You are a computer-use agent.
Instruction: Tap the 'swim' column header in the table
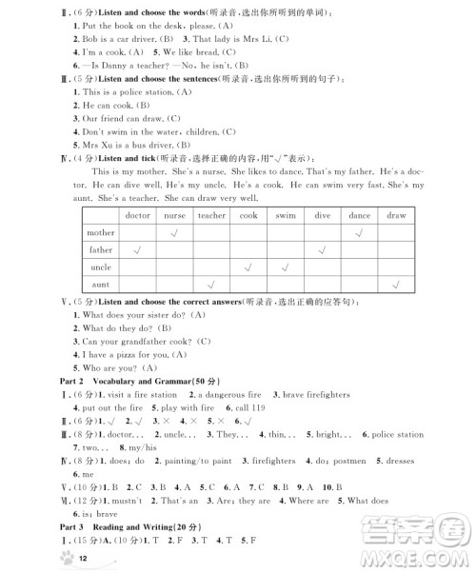tap(285, 215)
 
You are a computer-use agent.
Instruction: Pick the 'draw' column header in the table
tap(396, 215)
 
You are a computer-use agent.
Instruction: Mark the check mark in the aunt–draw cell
tap(396, 285)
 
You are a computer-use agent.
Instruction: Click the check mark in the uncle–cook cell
tap(248, 267)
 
